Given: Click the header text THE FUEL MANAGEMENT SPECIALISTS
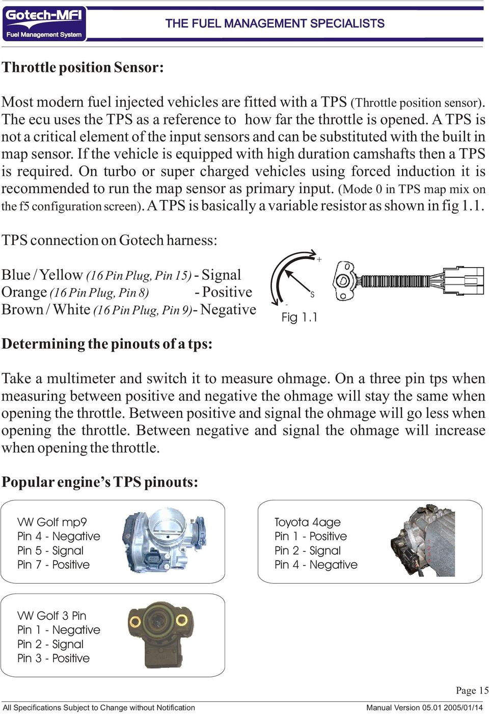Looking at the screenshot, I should [275, 23].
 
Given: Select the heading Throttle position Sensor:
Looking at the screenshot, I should [83, 67].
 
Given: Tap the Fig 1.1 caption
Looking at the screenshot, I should [299, 318].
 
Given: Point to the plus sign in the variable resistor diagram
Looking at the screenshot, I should [319, 259].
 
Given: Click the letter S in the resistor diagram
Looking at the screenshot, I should [312, 295].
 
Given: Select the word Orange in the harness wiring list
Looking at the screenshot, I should [24, 293].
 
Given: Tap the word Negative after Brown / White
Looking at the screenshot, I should [228, 310].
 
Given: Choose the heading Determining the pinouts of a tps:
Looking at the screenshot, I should [107, 344].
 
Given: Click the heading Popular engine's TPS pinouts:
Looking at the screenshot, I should [100, 482].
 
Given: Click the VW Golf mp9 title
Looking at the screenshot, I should [52, 522].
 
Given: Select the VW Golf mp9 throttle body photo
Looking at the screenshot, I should [164, 541].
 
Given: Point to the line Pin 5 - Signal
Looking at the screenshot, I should [50, 550].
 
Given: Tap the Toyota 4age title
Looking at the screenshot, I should [307, 522].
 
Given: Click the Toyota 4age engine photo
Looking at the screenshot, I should [422, 541].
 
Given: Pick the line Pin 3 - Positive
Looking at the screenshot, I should [53, 658].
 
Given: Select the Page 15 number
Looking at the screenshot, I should [472, 691].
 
